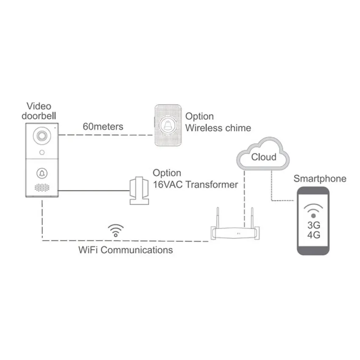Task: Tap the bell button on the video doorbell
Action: pyautogui.click(x=42, y=173)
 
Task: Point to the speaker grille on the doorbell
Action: pyautogui.click(x=42, y=187)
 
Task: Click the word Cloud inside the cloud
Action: pyautogui.click(x=263, y=157)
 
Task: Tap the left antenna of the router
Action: pyautogui.click(x=218, y=217)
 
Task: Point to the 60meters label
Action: pyautogui.click(x=103, y=126)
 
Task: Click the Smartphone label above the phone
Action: pyautogui.click(x=320, y=179)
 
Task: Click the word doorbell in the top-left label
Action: pyautogui.click(x=41, y=115)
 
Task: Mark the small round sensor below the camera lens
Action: pyautogui.click(x=42, y=152)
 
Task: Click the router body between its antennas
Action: pyautogui.click(x=235, y=233)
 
